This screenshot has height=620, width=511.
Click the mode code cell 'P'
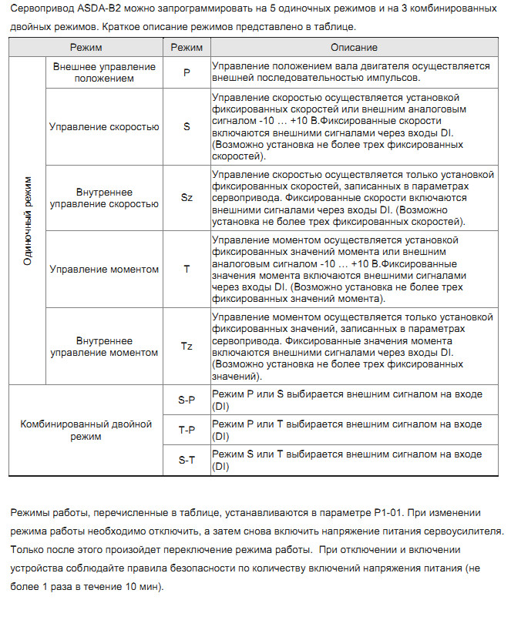[187, 72]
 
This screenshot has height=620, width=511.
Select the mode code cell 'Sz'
[187, 197]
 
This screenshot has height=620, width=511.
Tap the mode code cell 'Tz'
[187, 346]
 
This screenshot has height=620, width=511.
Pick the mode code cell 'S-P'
[187, 400]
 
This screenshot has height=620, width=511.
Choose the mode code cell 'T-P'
[187, 431]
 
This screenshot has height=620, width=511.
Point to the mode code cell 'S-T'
[187, 461]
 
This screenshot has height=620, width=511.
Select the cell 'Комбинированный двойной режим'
[86, 431]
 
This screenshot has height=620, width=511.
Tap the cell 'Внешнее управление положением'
[105, 72]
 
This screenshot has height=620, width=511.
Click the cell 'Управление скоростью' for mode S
[105, 126]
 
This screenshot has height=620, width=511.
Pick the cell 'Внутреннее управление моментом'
[105, 346]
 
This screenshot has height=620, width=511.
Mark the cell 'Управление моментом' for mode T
[105, 270]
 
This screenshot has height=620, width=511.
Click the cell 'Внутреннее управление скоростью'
[105, 197]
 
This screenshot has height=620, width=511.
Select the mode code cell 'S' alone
[187, 126]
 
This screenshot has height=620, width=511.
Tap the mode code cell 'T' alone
[187, 270]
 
